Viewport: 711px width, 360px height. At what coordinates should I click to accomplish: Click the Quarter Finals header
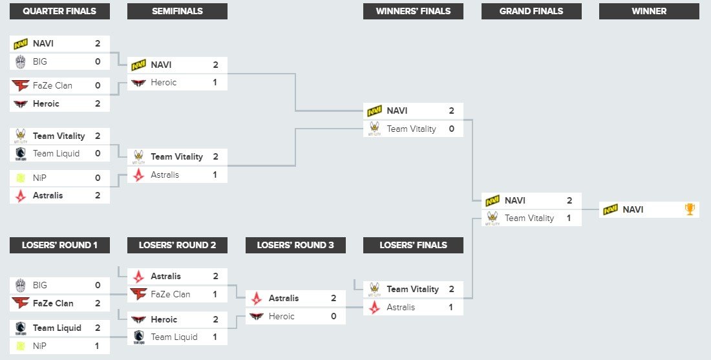coord(59,11)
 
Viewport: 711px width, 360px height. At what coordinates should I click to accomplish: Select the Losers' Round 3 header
coord(295,245)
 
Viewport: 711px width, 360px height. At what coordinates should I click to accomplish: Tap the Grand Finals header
coord(531,11)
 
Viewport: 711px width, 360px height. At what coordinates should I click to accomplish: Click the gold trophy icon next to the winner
coord(690,209)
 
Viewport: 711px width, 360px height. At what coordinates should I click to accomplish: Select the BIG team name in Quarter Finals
coord(40,61)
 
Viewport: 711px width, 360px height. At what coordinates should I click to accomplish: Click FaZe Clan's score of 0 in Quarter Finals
coord(98,85)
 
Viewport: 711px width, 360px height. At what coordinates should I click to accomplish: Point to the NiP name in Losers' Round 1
coord(39,346)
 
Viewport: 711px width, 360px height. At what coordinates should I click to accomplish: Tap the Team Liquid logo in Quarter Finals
coord(21,154)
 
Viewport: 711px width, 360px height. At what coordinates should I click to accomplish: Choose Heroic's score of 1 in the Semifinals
coord(215,83)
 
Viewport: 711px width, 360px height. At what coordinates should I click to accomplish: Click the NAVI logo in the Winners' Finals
coord(374,111)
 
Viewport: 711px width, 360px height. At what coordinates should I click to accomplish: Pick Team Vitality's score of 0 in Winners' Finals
coord(451,129)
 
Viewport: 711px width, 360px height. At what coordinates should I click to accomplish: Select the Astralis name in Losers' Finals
coord(401,308)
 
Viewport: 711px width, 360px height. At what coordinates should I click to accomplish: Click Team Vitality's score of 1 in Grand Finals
coord(569,218)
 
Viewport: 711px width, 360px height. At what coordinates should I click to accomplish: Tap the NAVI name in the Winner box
coord(633,209)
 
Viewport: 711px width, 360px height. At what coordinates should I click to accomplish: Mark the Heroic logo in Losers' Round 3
coord(257,317)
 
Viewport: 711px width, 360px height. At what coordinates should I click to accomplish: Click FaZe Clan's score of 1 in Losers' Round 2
coord(215,295)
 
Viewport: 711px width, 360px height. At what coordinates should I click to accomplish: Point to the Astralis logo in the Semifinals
coord(138,175)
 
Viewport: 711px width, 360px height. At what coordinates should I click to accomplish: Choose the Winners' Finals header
coord(413,11)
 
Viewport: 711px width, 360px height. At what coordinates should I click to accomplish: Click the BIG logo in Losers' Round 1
coord(21,285)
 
